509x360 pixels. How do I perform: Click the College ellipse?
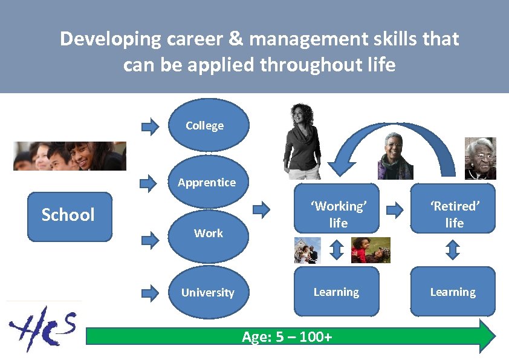click(208, 125)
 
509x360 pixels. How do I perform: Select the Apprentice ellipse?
click(208, 182)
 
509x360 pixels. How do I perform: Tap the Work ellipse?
click(208, 233)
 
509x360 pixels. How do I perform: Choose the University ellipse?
click(208, 292)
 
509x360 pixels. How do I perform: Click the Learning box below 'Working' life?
click(337, 292)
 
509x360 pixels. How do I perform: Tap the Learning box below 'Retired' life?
click(453, 292)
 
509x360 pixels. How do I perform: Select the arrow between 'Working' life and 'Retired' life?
click(395, 210)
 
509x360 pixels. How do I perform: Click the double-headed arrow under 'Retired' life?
click(453, 249)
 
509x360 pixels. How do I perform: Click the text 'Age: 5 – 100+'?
click(287, 337)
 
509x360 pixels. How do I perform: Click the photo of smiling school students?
click(70, 156)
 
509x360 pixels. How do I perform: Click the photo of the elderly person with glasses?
click(480, 159)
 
